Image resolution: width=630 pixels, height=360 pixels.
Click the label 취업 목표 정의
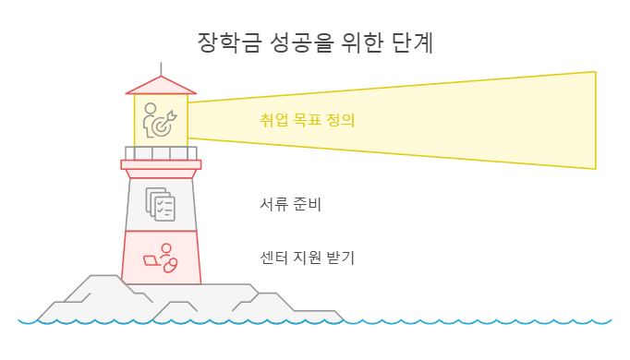[308, 120]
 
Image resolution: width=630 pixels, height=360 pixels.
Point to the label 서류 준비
[292, 204]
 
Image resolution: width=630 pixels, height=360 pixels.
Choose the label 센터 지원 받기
[308, 257]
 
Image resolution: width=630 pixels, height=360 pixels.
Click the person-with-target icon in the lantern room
[160, 121]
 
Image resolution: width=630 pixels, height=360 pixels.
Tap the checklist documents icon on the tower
[160, 204]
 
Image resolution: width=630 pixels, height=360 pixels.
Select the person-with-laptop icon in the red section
[161, 258]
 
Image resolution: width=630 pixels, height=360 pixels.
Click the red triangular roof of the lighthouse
[161, 86]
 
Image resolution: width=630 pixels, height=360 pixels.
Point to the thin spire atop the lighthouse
[161, 68]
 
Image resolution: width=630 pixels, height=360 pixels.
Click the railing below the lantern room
[161, 153]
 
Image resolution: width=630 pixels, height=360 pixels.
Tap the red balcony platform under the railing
[161, 164]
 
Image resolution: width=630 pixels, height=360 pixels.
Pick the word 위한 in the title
[356, 42]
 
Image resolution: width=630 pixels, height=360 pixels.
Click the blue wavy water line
[462, 322]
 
